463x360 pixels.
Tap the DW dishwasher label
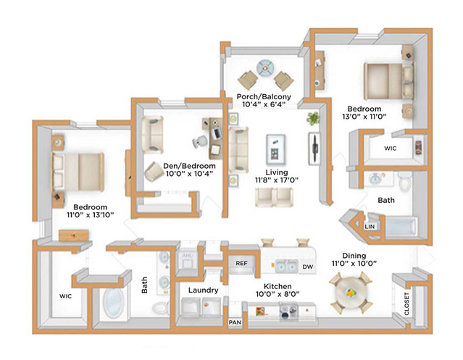tap(307, 267)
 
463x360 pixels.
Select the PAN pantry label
tap(235, 322)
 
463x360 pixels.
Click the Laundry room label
tap(203, 290)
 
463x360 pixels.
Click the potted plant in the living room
tap(313, 117)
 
